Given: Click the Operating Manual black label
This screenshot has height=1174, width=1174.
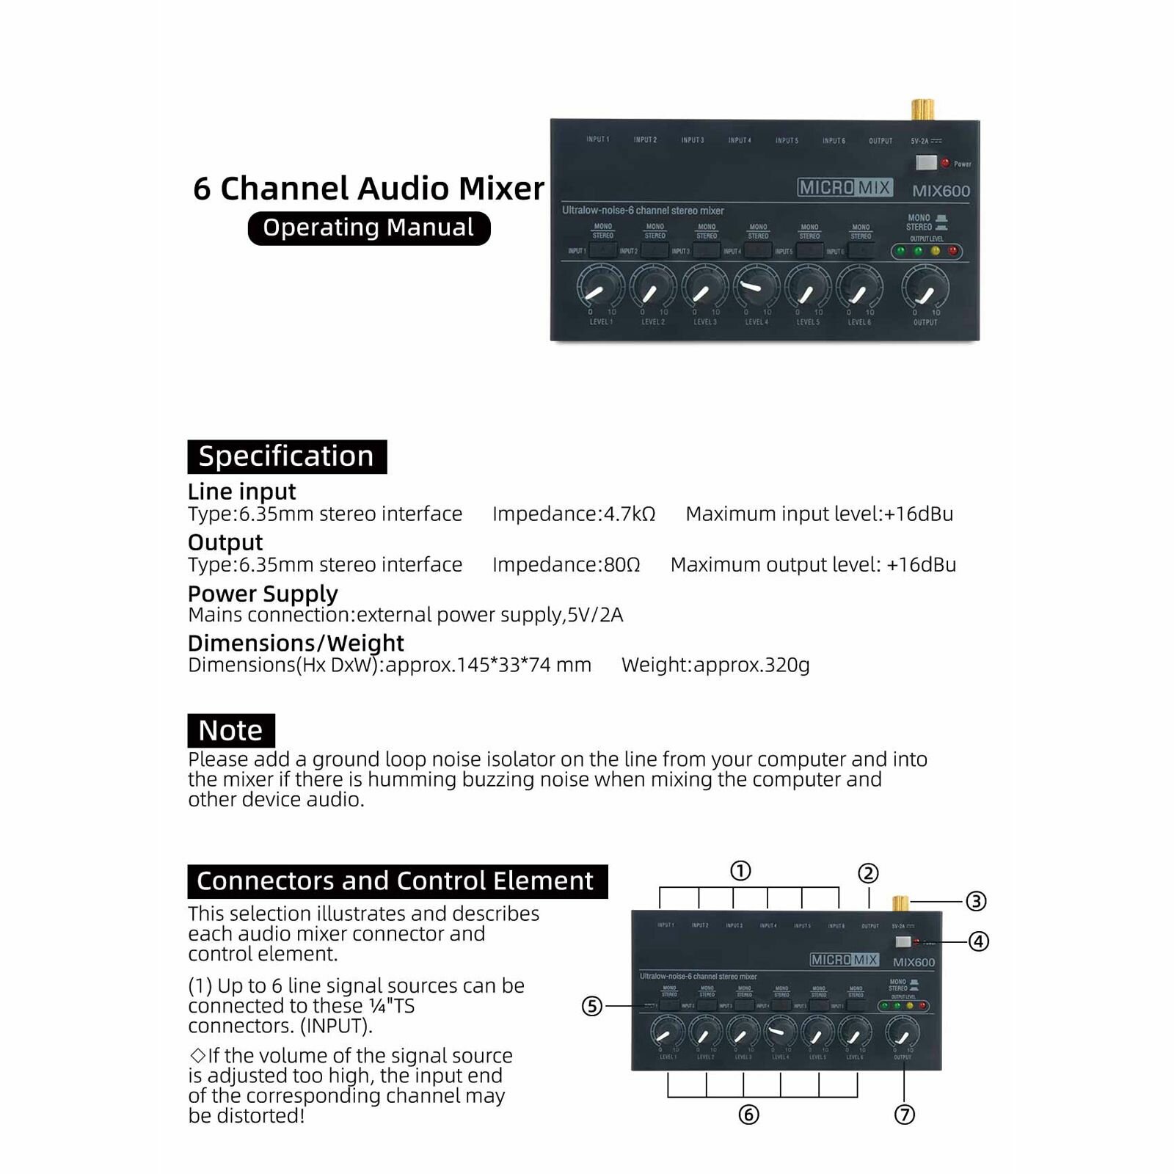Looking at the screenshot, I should [x=368, y=228].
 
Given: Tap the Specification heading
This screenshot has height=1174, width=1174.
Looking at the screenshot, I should [x=287, y=456].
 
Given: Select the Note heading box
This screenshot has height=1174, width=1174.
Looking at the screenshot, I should [x=231, y=731].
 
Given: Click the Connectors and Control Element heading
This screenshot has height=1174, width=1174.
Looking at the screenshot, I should [x=397, y=880].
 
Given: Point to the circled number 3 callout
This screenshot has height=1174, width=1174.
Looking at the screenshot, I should [x=975, y=901].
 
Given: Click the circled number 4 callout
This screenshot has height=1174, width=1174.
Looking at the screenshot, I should [x=979, y=941].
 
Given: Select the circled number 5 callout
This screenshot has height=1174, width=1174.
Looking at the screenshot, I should [x=592, y=1006].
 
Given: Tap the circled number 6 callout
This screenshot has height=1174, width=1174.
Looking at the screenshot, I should [x=748, y=1115].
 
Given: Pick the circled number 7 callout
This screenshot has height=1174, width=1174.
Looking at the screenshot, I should [x=905, y=1115].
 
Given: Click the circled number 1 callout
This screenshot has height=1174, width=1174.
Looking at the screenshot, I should [x=740, y=871].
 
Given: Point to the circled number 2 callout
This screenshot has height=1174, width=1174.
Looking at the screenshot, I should [x=868, y=873].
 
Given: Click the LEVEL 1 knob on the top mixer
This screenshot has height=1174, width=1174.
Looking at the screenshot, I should [x=600, y=288].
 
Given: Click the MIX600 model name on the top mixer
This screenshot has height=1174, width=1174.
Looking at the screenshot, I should [x=941, y=192].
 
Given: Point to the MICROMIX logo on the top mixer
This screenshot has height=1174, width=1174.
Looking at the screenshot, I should [x=845, y=188].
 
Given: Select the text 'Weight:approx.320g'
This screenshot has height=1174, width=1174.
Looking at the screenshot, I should [x=715, y=665].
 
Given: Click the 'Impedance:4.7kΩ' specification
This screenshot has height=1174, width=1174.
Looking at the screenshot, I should [x=574, y=514].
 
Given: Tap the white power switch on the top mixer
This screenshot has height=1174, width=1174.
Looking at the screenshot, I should [x=926, y=163].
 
